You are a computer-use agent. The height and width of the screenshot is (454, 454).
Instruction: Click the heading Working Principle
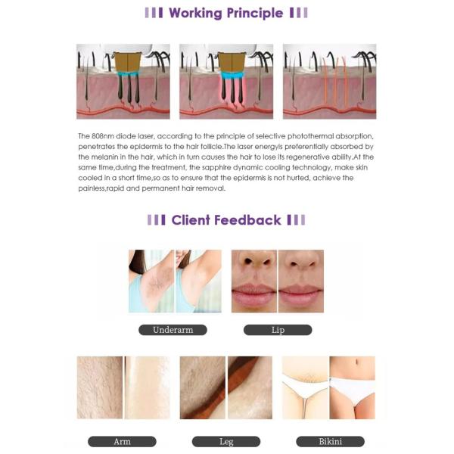pyautogui.click(x=225, y=14)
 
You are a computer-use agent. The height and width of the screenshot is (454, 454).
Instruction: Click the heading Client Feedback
pyautogui.click(x=226, y=220)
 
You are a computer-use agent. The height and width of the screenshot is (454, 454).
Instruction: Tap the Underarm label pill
pyautogui.click(x=173, y=330)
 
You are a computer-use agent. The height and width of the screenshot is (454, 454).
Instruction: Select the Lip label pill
pyautogui.click(x=278, y=330)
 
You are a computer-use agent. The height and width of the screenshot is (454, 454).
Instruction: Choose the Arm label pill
pyautogui.click(x=122, y=442)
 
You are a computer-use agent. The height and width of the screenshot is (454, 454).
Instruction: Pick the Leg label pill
pyautogui.click(x=226, y=442)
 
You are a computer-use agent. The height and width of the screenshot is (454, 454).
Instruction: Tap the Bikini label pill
pyautogui.click(x=331, y=442)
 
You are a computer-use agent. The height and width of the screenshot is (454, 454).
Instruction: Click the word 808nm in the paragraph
pyautogui.click(x=99, y=136)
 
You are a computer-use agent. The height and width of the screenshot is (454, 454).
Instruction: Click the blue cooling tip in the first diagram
pyautogui.click(x=128, y=74)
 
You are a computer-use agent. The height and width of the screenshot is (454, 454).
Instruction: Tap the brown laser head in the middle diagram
pyautogui.click(x=232, y=62)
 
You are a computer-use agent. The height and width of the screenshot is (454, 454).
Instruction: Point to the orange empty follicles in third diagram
pyautogui.click(x=334, y=81)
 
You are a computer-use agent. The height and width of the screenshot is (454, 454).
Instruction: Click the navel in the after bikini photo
pyautogui.click(x=356, y=362)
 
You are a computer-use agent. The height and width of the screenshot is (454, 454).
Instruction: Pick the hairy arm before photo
pyautogui.click(x=100, y=387)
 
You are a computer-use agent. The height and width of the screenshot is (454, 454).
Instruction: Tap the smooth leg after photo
pyautogui.click(x=250, y=387)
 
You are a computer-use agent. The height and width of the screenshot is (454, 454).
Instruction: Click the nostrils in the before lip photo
pyautogui.click(x=257, y=262)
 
